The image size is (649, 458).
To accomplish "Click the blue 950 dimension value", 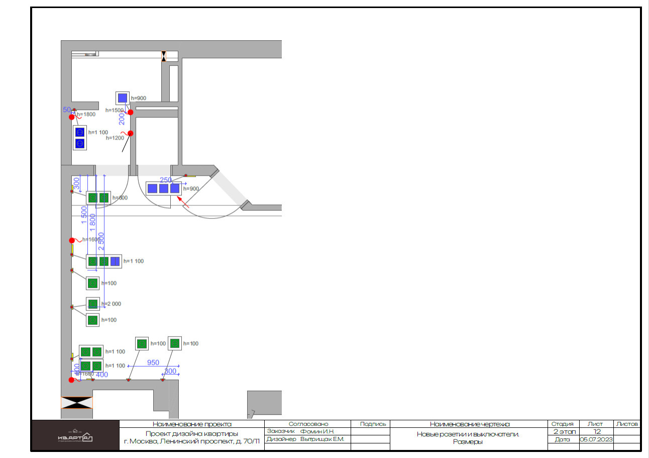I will tap(153, 363).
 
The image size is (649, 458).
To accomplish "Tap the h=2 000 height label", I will tap(111, 304).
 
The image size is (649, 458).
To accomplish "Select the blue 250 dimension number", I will tap(166, 180).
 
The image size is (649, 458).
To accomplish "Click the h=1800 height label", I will tap(86, 114).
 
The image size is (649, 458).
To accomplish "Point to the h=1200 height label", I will tap(115, 138).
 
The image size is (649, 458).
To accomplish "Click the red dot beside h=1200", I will tap(130, 133).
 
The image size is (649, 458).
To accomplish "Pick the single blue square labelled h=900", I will tap(123, 98).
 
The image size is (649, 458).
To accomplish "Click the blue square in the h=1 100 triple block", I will tap(116, 261).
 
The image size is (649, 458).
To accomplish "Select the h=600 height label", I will tap(120, 198).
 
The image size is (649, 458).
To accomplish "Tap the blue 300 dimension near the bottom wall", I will tap(171, 372).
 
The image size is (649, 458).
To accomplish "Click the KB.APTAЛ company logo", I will tap(75, 435).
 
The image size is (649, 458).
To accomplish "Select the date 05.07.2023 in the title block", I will tap(596, 439).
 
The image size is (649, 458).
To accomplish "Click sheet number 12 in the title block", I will tap(597, 431).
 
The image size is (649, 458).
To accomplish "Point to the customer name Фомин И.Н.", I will tap(317, 431).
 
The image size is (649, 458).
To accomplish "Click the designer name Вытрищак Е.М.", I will tap(321, 439).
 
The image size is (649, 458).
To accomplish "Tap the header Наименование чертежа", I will tap(470, 424).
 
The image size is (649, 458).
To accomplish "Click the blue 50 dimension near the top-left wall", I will tap(66, 109).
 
